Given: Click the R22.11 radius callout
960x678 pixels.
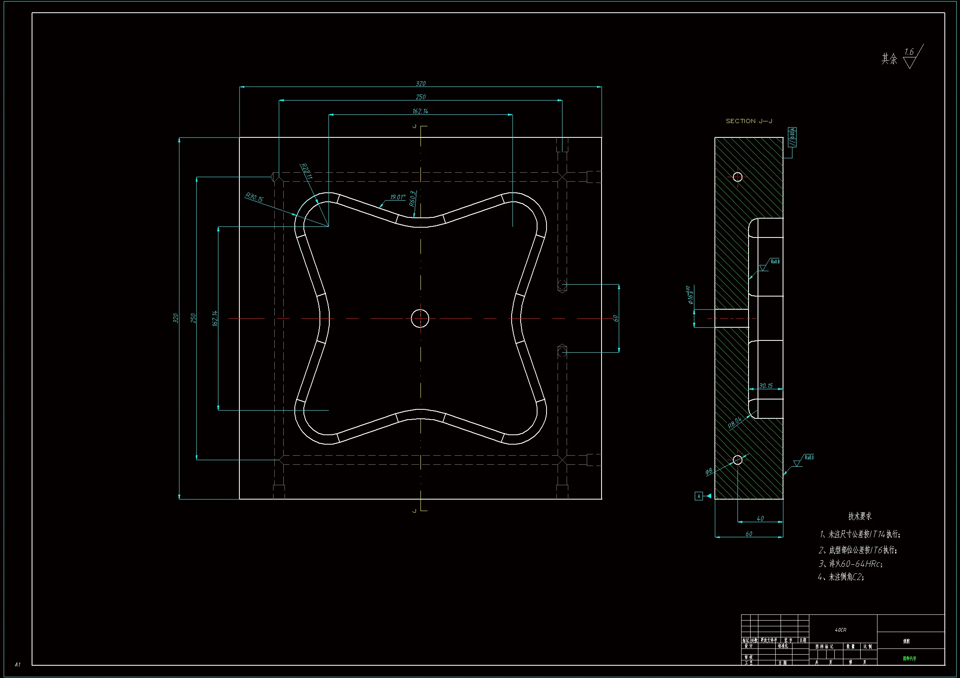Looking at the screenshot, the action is pyautogui.click(x=306, y=171).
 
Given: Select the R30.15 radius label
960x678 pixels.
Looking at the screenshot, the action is pyautogui.click(x=254, y=197).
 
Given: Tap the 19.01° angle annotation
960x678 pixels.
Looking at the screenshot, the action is pyautogui.click(x=397, y=197).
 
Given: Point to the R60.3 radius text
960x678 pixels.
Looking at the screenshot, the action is pyautogui.click(x=412, y=199).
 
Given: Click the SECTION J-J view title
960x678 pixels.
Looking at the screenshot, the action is pyautogui.click(x=749, y=121).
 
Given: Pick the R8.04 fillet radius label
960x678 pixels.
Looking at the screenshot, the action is pyautogui.click(x=735, y=422).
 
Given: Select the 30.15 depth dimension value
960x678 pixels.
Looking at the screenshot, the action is pyautogui.click(x=765, y=386).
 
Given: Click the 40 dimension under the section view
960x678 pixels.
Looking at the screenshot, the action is pyautogui.click(x=760, y=518).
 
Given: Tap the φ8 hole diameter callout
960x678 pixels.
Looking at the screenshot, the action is pyautogui.click(x=709, y=471).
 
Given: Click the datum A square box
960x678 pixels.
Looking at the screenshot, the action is pyautogui.click(x=699, y=496).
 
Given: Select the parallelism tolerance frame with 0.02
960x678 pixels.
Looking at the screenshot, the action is pyautogui.click(x=792, y=137).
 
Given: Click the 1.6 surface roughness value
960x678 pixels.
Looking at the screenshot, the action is pyautogui.click(x=909, y=52).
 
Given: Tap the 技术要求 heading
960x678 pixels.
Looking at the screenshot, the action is pyautogui.click(x=860, y=516).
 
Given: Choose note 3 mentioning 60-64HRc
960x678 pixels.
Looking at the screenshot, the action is pyautogui.click(x=850, y=564).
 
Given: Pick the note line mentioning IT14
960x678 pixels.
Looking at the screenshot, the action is pyautogui.click(x=860, y=534).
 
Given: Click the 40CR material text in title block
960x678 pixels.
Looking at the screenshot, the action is pyautogui.click(x=841, y=630).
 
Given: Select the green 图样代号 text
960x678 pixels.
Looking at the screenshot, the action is pyautogui.click(x=909, y=658).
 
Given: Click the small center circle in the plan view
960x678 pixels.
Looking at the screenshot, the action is pyautogui.click(x=420, y=318).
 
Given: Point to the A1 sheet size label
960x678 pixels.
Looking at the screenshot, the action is pyautogui.click(x=18, y=664).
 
